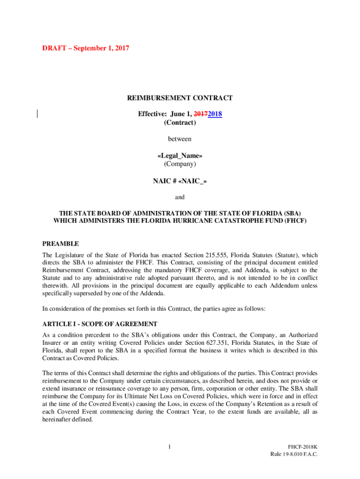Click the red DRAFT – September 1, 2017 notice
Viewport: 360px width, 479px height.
click(86, 48)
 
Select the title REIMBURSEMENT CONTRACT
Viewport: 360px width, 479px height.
click(180, 98)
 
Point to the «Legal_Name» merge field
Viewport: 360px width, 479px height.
click(180, 155)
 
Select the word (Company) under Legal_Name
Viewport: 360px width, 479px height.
click(180, 164)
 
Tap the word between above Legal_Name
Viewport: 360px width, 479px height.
click(180, 139)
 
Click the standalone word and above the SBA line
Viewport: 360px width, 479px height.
click(180, 197)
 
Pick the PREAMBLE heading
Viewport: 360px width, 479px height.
click(60, 244)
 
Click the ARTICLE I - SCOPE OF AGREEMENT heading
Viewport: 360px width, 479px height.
click(100, 324)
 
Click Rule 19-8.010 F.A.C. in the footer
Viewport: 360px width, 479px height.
click(294, 455)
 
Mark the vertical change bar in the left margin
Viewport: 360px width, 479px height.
click(37, 114)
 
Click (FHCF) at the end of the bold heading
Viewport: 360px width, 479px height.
click(295, 220)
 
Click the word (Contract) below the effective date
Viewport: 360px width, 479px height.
click(180, 123)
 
